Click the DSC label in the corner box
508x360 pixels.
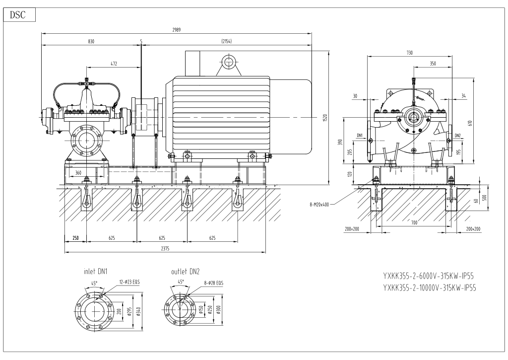tap(19, 15)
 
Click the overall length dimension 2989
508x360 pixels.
tap(177, 30)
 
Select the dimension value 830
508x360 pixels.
tap(91, 41)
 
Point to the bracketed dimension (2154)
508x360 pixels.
tap(227, 41)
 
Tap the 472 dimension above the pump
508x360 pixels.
tap(114, 64)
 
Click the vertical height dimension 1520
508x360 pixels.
tap(325, 118)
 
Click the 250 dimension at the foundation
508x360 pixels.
tap(75, 238)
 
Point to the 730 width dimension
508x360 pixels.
tap(409, 53)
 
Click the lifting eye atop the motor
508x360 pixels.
tap(228, 62)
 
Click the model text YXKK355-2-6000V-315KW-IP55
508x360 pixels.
tap(430, 277)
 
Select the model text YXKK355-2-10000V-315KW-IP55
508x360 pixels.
tap(430, 288)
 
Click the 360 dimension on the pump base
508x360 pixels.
tap(78, 172)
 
